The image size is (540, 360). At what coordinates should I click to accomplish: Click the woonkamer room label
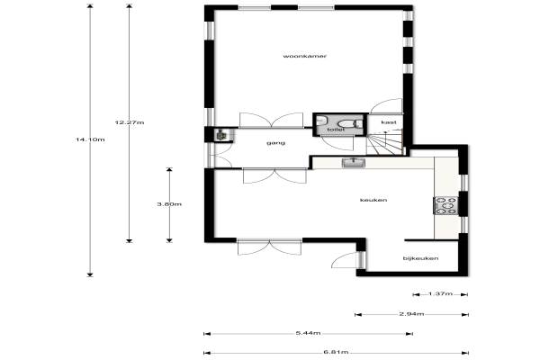(305, 56)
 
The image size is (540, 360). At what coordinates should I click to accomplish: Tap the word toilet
(336, 130)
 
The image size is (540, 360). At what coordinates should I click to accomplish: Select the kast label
(389, 122)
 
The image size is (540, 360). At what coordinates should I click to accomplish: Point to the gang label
(276, 142)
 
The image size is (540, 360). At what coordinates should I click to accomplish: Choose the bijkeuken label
(421, 258)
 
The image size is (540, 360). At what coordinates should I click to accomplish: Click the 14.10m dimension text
(90, 139)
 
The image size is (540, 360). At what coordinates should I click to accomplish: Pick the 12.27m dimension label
(130, 122)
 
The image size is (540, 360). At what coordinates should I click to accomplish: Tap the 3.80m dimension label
(169, 204)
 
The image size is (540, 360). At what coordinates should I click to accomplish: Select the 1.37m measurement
(440, 294)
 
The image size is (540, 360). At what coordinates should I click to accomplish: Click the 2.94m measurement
(411, 314)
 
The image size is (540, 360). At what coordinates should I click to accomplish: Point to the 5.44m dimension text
(308, 333)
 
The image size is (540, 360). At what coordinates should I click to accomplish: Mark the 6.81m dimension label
(336, 352)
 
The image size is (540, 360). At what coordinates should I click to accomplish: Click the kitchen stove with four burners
(445, 206)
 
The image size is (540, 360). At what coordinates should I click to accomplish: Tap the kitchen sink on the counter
(354, 162)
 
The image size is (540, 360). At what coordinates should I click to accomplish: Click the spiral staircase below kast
(384, 142)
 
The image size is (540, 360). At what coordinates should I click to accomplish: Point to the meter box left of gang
(220, 135)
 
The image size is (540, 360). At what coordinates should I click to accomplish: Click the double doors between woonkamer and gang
(272, 121)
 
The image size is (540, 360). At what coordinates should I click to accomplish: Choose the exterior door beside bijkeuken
(345, 260)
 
